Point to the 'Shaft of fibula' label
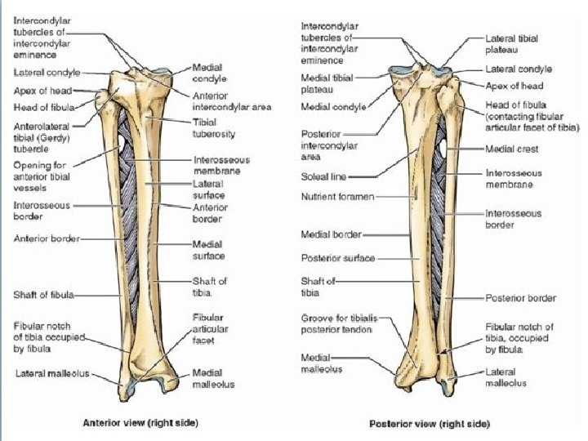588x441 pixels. point(44,295)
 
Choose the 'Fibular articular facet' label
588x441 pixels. point(208,328)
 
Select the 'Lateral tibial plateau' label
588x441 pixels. point(510,44)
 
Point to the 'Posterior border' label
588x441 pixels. point(520,298)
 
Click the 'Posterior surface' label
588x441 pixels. point(337,258)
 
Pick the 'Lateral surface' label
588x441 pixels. point(209,190)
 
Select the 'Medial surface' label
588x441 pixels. point(209,248)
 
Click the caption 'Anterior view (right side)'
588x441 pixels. point(141,423)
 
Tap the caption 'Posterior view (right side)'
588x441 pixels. point(430,424)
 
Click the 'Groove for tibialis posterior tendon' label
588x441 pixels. point(336,323)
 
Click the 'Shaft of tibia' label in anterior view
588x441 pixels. point(209,287)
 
